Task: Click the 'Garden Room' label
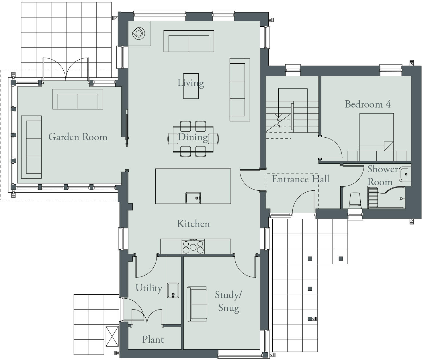[x=78, y=137]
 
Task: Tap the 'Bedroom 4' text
[x=368, y=104]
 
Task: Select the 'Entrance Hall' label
[x=300, y=179]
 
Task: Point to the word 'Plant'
[x=153, y=340]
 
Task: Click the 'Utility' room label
[x=149, y=288]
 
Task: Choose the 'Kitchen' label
[x=193, y=224]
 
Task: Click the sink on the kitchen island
[x=193, y=198]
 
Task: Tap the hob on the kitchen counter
[x=193, y=246]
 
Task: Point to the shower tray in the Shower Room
[x=386, y=197]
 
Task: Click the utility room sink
[x=173, y=290]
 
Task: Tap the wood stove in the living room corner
[x=139, y=33]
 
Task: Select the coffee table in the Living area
[x=191, y=86]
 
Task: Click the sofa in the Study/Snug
[x=197, y=304]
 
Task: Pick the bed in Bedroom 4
[x=376, y=135]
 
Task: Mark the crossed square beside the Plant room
[x=112, y=336]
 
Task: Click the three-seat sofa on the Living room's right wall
[x=239, y=90]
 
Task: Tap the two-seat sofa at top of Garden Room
[x=78, y=99]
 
